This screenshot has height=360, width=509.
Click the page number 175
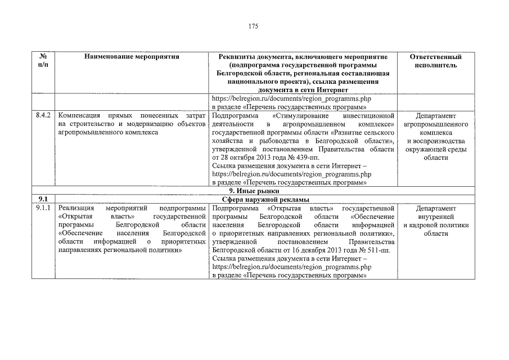click(254, 26)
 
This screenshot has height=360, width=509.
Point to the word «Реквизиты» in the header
click(231, 57)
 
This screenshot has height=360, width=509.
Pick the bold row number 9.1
click(43, 199)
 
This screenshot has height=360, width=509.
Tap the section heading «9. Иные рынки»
click(254, 191)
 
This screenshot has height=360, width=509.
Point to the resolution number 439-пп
click(308, 158)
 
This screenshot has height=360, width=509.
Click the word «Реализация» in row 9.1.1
click(75, 209)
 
